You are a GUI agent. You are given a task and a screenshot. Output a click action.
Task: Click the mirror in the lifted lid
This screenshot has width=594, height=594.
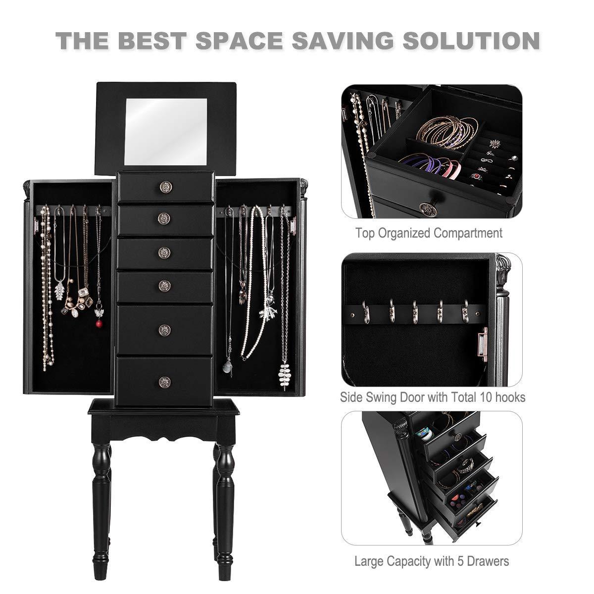[x=166, y=131]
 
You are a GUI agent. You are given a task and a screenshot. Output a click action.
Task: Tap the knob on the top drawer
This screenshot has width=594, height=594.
[x=165, y=187]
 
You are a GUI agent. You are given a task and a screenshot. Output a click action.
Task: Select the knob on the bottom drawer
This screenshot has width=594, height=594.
[x=164, y=382]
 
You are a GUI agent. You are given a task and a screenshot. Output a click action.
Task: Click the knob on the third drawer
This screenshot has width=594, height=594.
[x=164, y=253]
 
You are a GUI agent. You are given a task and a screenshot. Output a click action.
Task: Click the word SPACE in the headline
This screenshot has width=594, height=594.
[x=239, y=41]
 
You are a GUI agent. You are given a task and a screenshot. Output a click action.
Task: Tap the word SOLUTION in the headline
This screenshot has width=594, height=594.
[x=471, y=41]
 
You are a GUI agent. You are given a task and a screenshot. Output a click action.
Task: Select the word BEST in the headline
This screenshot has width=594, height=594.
[x=151, y=41]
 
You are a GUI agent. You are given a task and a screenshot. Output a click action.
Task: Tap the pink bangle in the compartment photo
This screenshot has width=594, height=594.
[x=452, y=168]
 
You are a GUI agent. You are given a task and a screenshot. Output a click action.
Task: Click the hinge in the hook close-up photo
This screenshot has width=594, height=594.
[x=483, y=344]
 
